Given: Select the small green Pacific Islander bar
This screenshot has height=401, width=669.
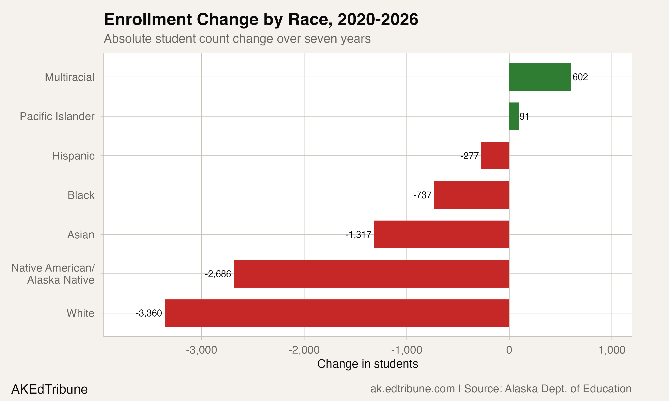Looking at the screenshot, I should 514,116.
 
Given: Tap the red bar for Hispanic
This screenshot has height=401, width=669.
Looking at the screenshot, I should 495,156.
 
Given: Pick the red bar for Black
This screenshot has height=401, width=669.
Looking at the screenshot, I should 471,195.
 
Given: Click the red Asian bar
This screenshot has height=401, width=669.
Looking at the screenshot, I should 442,234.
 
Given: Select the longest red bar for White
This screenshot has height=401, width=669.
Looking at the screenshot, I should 337,313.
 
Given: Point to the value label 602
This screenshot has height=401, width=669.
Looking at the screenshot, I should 580,77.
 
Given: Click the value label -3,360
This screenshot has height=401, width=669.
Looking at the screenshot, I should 149,313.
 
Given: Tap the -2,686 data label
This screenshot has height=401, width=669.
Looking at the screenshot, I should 218,274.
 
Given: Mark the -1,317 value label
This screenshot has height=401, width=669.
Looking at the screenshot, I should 358,235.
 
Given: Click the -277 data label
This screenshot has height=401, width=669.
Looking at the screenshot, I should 470,156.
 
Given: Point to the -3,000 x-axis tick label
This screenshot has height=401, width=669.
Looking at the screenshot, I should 201,350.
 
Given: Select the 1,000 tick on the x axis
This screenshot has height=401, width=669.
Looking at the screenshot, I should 612,350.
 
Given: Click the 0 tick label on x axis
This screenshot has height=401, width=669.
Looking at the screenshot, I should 509,350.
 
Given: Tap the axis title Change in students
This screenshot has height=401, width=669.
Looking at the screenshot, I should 368,364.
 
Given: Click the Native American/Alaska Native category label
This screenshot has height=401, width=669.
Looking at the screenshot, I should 53,274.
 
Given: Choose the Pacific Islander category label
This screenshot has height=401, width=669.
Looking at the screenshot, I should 57,117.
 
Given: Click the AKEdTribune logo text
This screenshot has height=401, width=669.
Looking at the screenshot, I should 50,389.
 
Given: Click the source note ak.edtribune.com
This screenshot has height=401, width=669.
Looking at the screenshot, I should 412,389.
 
